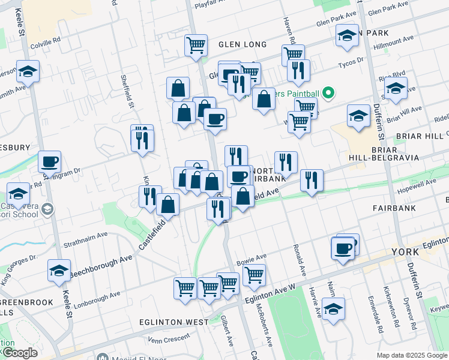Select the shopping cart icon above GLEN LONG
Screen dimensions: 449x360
196,46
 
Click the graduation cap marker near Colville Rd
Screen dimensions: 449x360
28,72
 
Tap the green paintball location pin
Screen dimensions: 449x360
328,93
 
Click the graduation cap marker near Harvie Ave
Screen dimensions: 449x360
333,310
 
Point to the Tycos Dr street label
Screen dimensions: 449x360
351,62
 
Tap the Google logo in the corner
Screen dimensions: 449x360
20,353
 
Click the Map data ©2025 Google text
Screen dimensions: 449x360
412,355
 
